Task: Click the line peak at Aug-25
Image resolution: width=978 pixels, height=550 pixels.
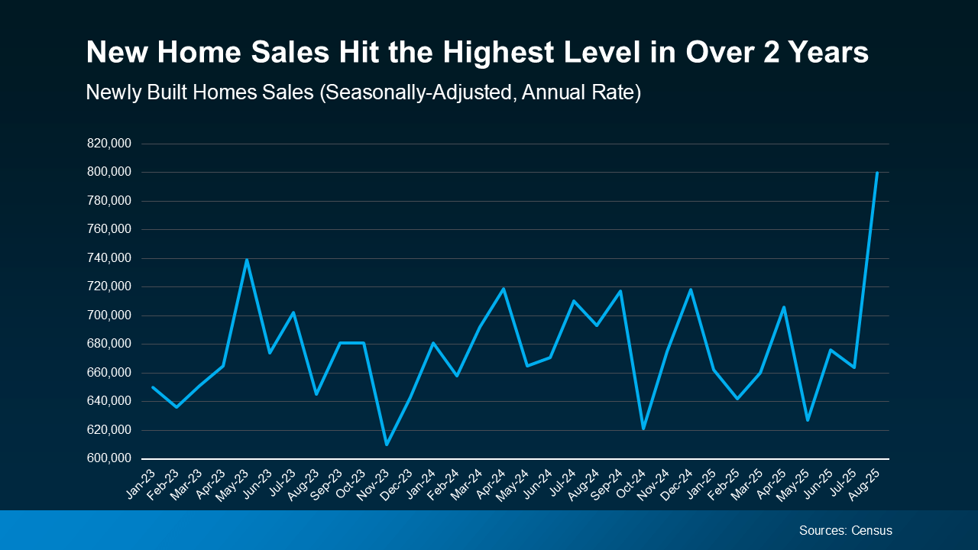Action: point(876,173)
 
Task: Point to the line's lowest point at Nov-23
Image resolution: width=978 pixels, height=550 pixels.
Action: point(387,445)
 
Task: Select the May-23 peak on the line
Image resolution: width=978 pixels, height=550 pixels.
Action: point(247,260)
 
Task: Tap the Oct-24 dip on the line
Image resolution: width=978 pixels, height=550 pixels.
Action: point(643,429)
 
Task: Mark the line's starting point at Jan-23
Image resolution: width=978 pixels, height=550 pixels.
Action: point(154,387)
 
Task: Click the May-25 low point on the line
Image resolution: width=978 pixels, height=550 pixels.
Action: point(807,420)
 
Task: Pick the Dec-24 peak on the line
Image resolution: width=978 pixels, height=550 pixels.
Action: point(690,290)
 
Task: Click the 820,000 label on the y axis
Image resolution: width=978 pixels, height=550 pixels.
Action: point(109,144)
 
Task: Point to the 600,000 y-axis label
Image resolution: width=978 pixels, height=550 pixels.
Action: point(109,458)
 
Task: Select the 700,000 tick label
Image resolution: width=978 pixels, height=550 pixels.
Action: point(109,315)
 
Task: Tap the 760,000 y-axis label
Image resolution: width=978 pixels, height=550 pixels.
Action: point(109,229)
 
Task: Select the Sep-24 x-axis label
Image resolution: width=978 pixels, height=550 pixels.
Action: point(610,481)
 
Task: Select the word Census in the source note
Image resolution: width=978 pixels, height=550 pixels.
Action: point(873,530)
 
